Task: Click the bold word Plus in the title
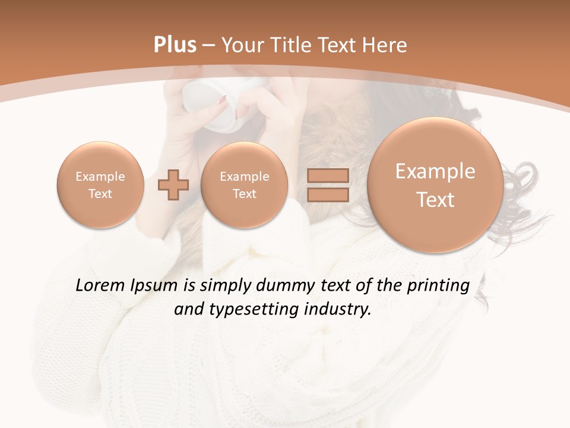(x=175, y=45)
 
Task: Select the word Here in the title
(x=385, y=45)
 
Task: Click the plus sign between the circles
(x=173, y=184)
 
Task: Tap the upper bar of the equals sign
(x=328, y=175)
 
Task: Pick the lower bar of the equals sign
(x=328, y=194)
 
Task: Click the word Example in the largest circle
(x=435, y=171)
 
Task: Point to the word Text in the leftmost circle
(x=100, y=194)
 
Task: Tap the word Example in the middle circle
(x=244, y=177)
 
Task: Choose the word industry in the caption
(x=338, y=310)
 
